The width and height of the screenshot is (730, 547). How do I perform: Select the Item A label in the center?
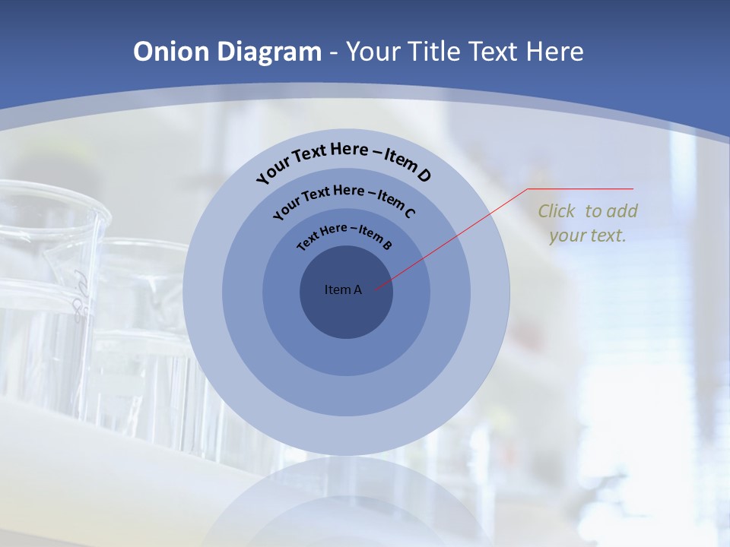pos(343,289)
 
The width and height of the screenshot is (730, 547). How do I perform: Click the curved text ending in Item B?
pos(344,235)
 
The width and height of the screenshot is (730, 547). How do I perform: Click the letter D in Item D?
pos(424,175)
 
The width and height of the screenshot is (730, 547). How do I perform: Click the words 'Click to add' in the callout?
pos(588,211)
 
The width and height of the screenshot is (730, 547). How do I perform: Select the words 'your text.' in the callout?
pos(588,236)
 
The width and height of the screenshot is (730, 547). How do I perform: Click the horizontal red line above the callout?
pos(582,188)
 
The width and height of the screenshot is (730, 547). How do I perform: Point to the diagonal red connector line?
pos(452,238)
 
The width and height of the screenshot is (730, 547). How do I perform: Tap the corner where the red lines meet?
pos(528,188)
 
